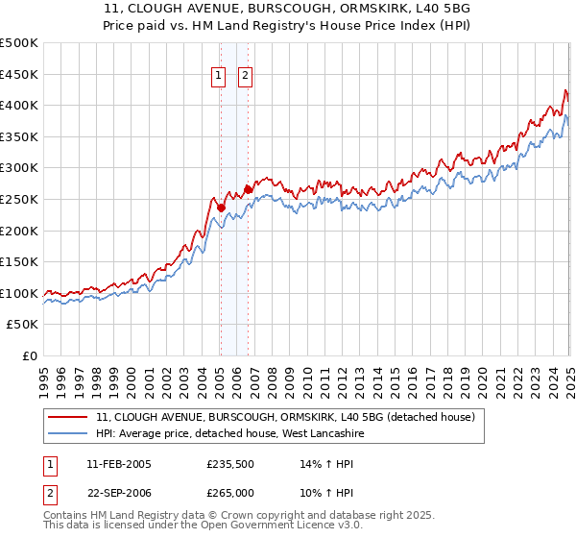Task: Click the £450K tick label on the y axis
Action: tap(19, 74)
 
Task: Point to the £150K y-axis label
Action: tap(19, 261)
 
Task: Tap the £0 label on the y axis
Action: tap(28, 355)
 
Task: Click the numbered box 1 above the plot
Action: tap(219, 76)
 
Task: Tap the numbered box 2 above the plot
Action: tap(246, 76)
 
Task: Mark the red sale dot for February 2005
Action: tap(221, 208)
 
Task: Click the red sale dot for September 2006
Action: tap(249, 189)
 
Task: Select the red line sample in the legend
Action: tap(69, 418)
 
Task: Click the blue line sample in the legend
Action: tap(69, 433)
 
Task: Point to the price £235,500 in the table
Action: tap(230, 464)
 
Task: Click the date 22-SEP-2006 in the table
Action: tap(118, 492)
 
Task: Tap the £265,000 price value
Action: tap(230, 492)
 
